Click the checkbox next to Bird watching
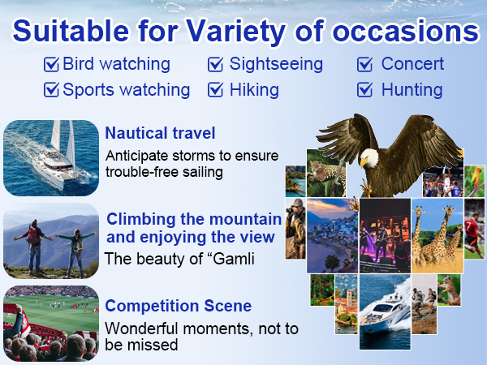click(x=51, y=65)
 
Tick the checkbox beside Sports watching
click(x=51, y=89)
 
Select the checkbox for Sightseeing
click(x=216, y=65)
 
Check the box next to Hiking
click(x=216, y=89)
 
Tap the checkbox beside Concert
click(x=365, y=65)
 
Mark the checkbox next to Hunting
click(x=365, y=89)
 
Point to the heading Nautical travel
click(x=160, y=132)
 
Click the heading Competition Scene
click(x=178, y=307)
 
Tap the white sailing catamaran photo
click(x=50, y=157)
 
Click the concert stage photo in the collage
click(x=385, y=235)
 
